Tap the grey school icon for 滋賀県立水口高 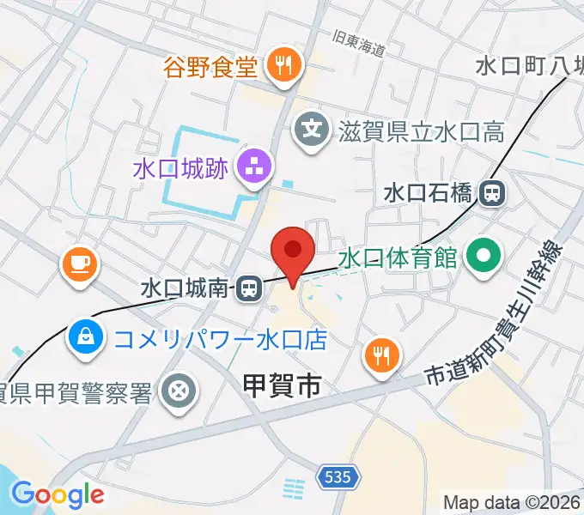coord(311,130)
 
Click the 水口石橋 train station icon coord(493,192)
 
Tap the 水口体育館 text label coord(397,257)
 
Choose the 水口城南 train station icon coord(248,288)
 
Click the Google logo coord(57,494)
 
